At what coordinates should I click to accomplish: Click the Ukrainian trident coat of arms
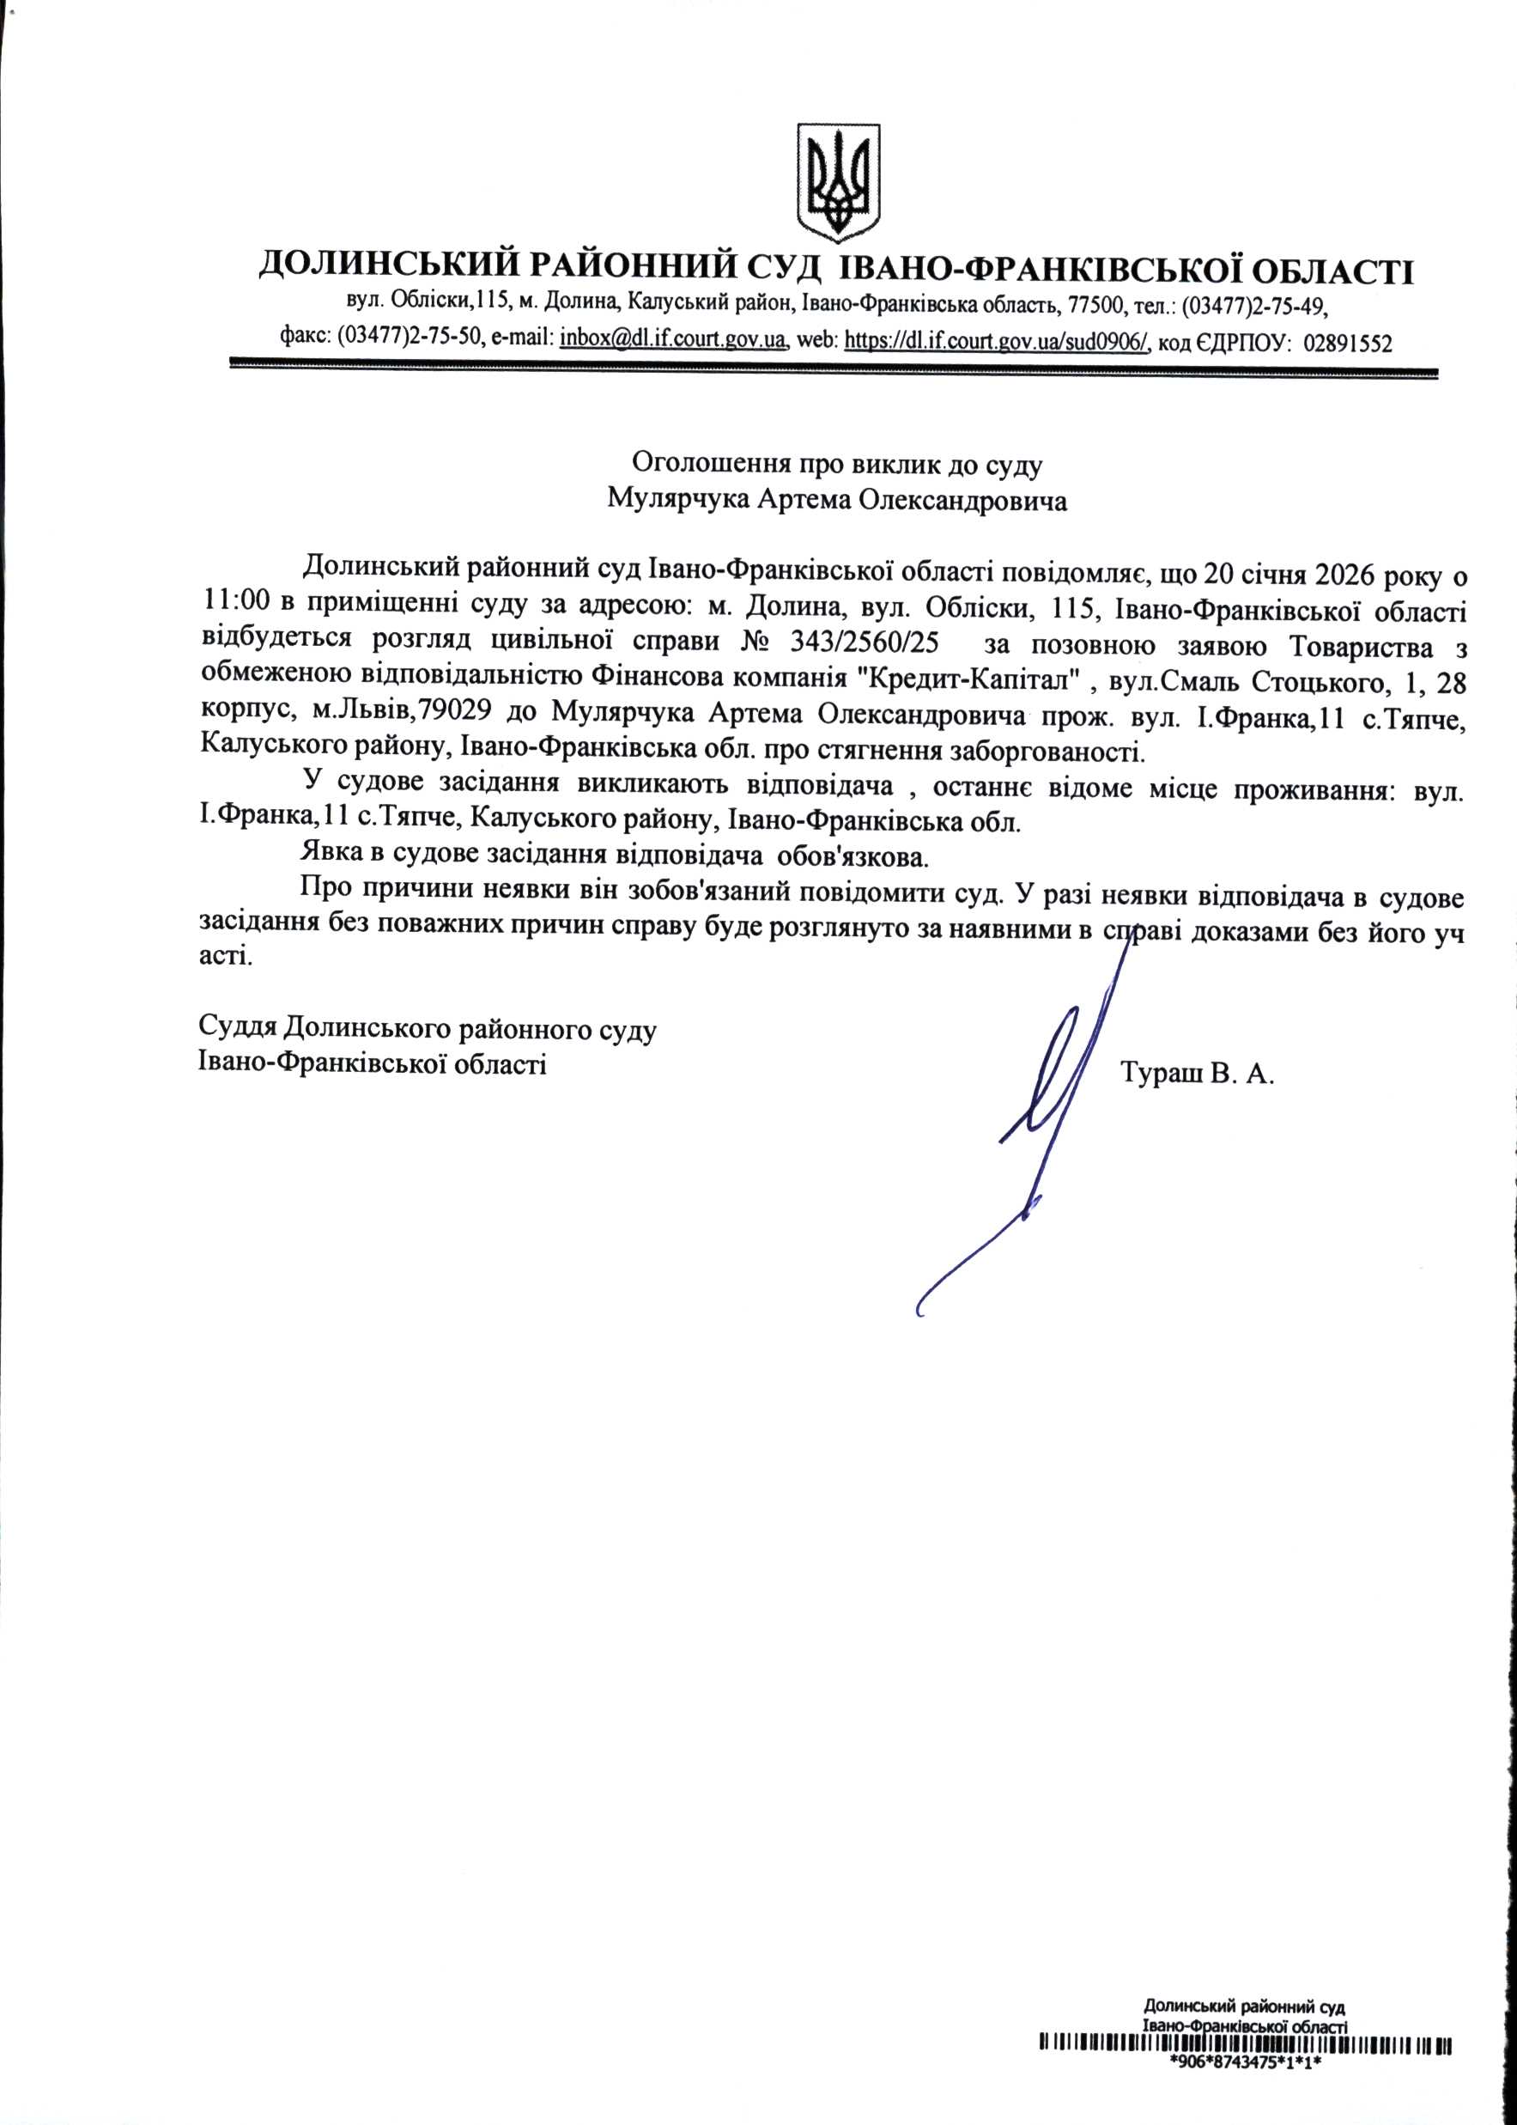[x=838, y=180]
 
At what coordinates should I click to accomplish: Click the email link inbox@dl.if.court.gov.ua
[x=671, y=340]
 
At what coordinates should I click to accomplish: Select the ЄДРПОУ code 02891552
[x=1347, y=342]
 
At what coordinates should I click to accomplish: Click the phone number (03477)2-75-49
[x=1254, y=306]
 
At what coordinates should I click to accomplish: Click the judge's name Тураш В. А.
[x=1197, y=1075]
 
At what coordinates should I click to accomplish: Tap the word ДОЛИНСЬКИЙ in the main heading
[x=385, y=271]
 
